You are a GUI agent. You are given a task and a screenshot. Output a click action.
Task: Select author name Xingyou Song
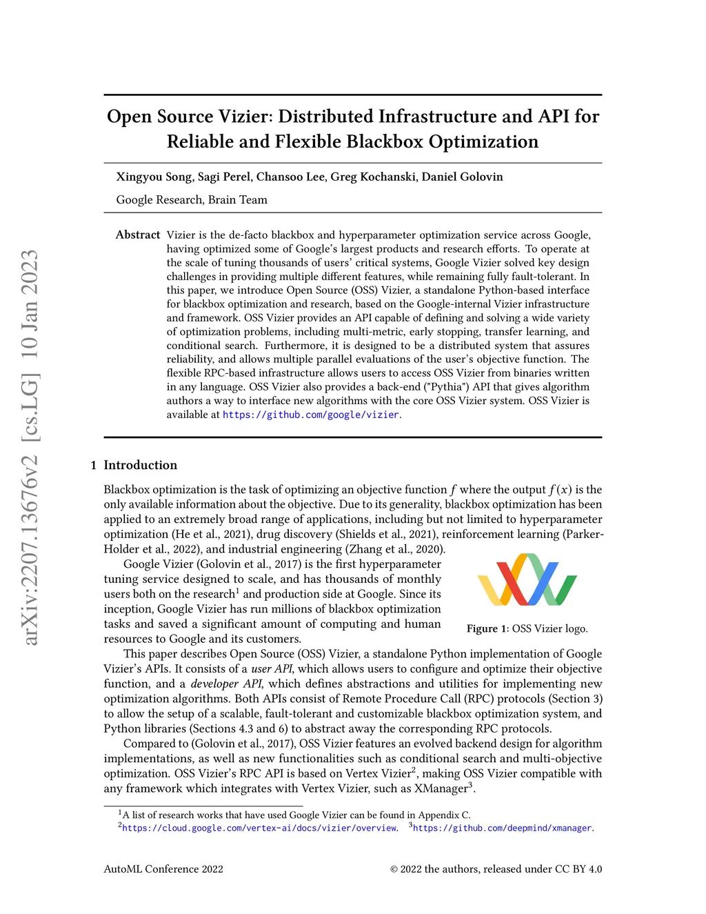154,177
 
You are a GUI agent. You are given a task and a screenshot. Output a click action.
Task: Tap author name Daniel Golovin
462,177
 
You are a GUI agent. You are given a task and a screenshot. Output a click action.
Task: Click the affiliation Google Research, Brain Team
192,200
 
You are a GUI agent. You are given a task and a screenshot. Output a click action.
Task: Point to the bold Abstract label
138,235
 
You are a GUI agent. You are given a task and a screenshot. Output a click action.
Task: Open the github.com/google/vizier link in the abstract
311,415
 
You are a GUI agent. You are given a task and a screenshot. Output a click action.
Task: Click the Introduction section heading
140,465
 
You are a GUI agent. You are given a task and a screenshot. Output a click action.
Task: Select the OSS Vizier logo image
527,579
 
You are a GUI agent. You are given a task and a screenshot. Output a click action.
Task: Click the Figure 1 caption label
487,628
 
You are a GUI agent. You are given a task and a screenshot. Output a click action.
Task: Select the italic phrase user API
272,669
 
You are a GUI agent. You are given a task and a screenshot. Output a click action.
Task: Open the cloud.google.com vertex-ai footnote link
259,828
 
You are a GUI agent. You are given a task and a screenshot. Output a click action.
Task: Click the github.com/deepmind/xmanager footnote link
502,828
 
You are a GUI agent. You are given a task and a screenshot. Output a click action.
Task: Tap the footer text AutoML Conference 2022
163,869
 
